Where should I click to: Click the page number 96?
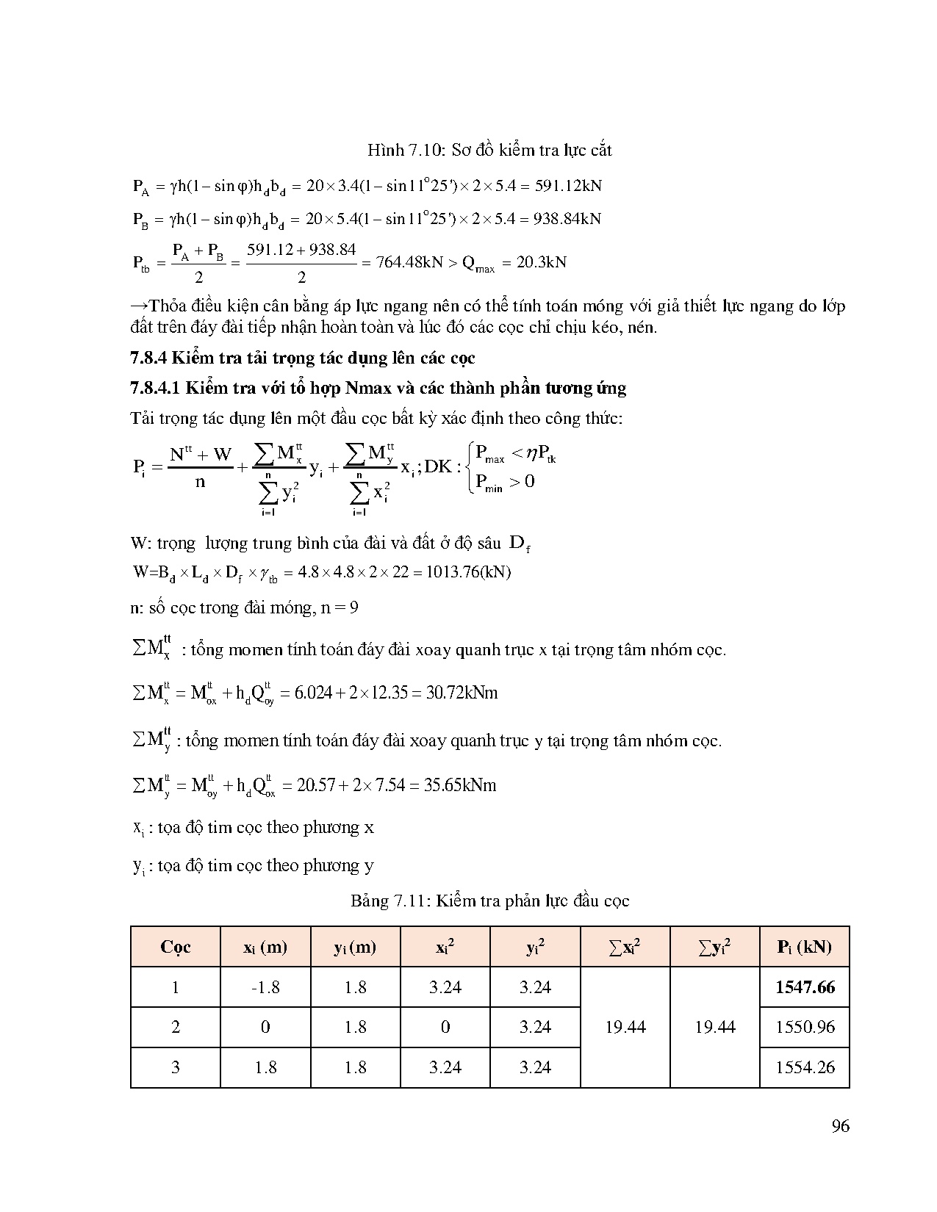pyautogui.click(x=840, y=1126)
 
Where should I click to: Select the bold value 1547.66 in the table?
pyautogui.click(x=805, y=987)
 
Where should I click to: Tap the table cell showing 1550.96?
pyautogui.click(x=805, y=1027)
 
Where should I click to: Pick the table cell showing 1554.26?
pyautogui.click(x=805, y=1067)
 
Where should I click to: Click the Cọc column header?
pyautogui.click(x=175, y=947)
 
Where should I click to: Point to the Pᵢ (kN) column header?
pyautogui.click(x=805, y=947)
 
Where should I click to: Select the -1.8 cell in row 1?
pyautogui.click(x=265, y=987)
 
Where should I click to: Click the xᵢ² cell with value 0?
pyautogui.click(x=445, y=1027)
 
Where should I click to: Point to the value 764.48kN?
pyautogui.click(x=409, y=262)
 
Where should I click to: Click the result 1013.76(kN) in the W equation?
pyautogui.click(x=470, y=571)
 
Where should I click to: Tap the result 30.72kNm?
pyautogui.click(x=462, y=693)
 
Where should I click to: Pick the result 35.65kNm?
pyautogui.click(x=460, y=785)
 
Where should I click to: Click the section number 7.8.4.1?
pyautogui.click(x=157, y=388)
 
